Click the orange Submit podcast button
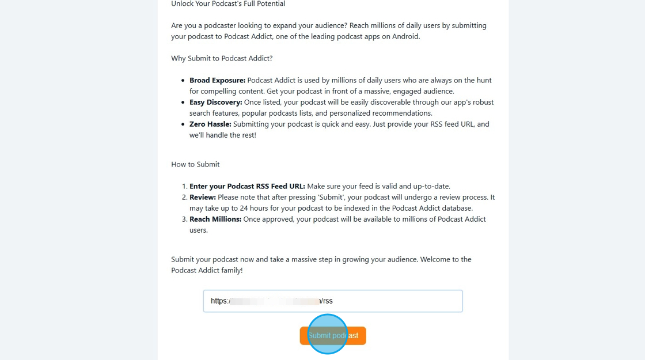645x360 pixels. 333,335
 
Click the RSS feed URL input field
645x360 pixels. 392,301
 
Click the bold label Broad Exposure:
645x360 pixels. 217,80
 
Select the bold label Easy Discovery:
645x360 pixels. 215,102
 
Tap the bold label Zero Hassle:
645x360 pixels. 210,124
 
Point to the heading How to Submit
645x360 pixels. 195,164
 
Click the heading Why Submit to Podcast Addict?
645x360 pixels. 222,58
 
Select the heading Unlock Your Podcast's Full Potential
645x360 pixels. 228,4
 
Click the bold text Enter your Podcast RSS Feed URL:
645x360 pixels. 247,186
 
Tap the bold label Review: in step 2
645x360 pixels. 203,197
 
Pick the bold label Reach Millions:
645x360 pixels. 215,219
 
